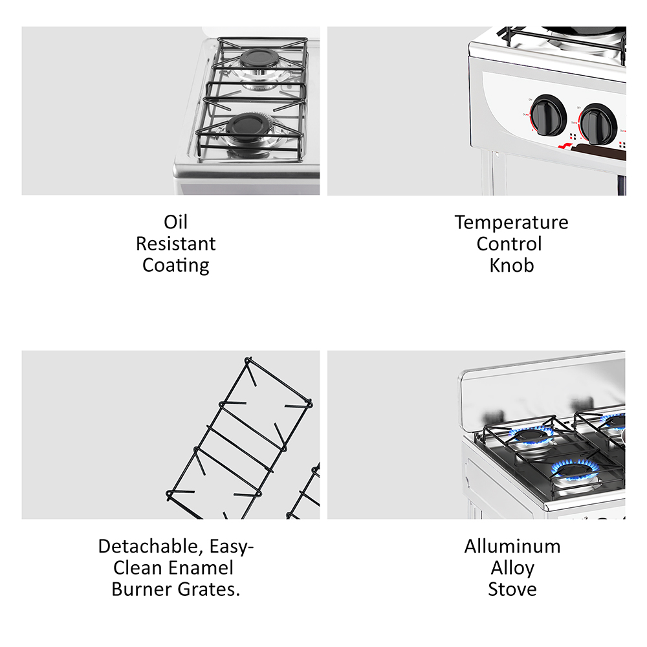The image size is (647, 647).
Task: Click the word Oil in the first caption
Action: (x=176, y=222)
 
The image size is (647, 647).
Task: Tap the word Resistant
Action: (x=176, y=243)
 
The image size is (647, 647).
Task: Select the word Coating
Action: (x=176, y=265)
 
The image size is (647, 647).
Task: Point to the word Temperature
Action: (x=512, y=223)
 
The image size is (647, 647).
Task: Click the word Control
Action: (x=509, y=243)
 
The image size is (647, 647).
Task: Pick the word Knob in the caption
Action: (x=512, y=265)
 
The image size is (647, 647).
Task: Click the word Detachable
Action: (x=151, y=547)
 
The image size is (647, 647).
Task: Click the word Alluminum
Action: (x=512, y=546)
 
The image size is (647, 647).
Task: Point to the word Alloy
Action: (x=512, y=569)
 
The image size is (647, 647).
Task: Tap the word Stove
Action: (x=512, y=589)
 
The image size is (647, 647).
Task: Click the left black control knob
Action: (x=547, y=116)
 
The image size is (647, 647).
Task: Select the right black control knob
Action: (x=598, y=124)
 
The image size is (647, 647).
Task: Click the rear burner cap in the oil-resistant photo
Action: (x=259, y=59)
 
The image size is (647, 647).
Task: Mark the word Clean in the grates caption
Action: (x=137, y=568)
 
